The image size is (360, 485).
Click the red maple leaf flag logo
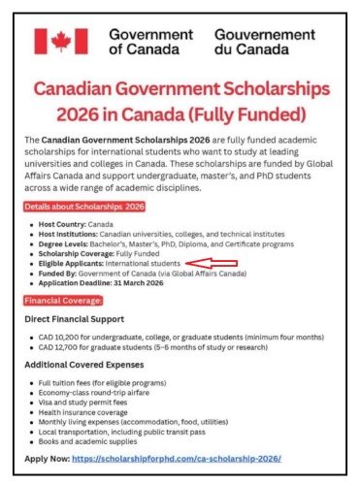point(60,41)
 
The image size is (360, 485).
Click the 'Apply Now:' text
point(47,457)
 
